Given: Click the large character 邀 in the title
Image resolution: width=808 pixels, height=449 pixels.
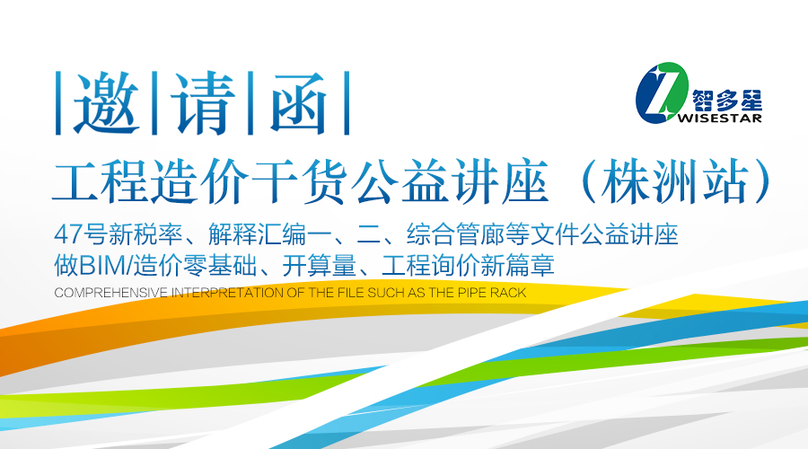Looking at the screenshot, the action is [107, 103].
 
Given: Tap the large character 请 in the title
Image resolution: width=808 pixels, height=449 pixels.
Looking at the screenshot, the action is [202, 103].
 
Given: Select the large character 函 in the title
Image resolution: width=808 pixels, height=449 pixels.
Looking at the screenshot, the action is [299, 103].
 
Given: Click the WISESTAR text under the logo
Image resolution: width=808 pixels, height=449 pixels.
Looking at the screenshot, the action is [719, 118].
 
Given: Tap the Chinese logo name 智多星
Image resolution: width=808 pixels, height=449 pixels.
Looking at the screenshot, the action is [727, 100].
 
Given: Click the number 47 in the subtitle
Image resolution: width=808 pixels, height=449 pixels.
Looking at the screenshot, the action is [68, 234].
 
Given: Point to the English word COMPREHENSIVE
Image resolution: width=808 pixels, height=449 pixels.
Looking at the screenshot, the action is [110, 293].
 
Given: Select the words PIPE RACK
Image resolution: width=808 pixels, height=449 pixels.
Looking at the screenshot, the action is [491, 293].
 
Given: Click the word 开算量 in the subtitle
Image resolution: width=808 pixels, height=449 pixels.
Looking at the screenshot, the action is [320, 266].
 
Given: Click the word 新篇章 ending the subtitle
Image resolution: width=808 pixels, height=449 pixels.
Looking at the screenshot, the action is [517, 266].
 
